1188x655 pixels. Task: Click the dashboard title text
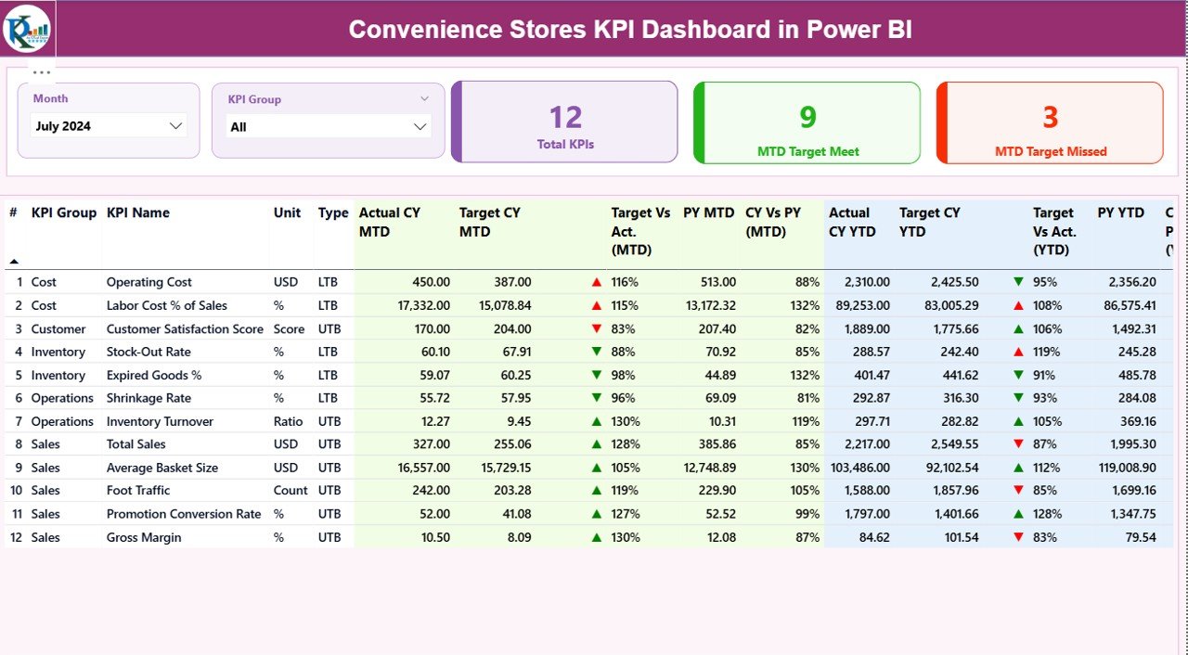click(x=630, y=30)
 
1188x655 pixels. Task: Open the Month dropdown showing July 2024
click(x=109, y=126)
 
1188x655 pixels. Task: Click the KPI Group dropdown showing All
click(x=329, y=127)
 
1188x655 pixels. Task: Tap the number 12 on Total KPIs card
click(x=565, y=117)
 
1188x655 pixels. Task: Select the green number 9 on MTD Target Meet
click(x=807, y=117)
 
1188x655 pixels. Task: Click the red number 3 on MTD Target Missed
click(x=1050, y=117)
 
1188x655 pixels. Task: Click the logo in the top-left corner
click(x=27, y=29)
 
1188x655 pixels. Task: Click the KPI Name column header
click(x=137, y=212)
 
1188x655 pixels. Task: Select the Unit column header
click(x=287, y=212)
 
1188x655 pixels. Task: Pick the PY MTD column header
click(x=708, y=212)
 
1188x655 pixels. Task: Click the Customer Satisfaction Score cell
click(x=185, y=328)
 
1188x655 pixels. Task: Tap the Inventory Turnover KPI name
click(x=160, y=421)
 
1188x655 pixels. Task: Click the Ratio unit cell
click(x=288, y=421)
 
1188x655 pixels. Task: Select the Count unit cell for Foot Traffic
click(x=291, y=490)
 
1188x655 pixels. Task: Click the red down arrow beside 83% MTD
click(x=596, y=328)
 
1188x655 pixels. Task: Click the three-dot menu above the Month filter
click(x=42, y=71)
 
